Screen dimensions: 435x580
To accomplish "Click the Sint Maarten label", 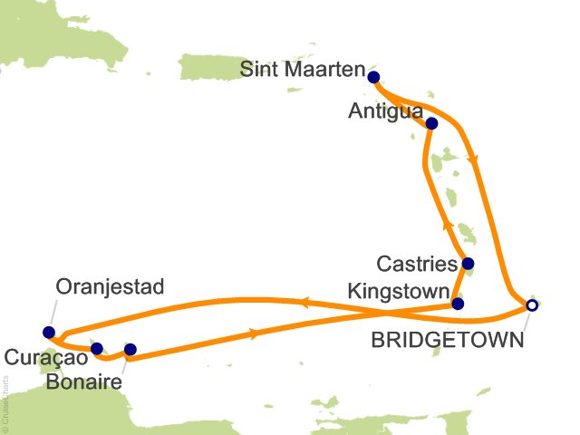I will click(304, 70).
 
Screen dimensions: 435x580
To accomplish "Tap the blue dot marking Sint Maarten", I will click(372, 78).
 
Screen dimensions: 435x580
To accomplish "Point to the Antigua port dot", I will click(431, 123).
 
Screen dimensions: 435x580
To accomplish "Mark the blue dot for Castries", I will click(468, 265).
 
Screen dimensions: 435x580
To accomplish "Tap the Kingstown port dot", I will click(458, 304).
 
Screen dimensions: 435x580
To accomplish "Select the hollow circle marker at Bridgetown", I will click(532, 306).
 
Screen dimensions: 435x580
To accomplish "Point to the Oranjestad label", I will click(110, 287).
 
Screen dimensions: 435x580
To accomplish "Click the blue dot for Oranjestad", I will click(49, 332).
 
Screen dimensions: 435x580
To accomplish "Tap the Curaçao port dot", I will click(97, 347).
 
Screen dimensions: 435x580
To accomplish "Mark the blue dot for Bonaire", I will click(130, 349).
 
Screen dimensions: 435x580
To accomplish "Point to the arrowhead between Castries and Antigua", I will click(447, 219).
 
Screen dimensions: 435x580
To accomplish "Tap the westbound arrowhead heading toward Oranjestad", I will click(305, 303).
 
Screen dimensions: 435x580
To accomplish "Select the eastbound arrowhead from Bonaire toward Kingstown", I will click(253, 333).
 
